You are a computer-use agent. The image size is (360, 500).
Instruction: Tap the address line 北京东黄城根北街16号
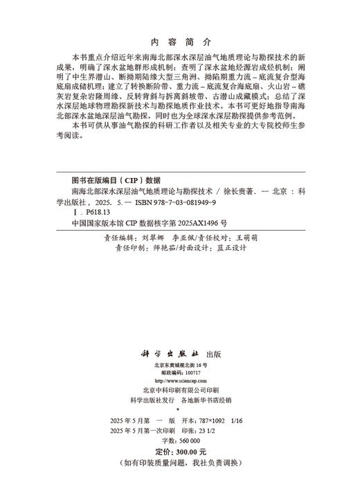[x=179, y=364]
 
